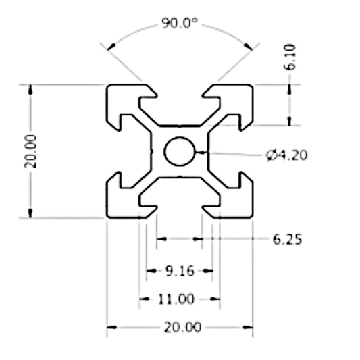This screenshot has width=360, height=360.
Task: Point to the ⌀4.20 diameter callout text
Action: pyautogui.click(x=286, y=155)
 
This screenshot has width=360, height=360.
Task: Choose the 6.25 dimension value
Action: pyautogui.click(x=287, y=239)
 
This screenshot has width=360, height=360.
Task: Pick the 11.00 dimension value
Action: pyautogui.click(x=180, y=299)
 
